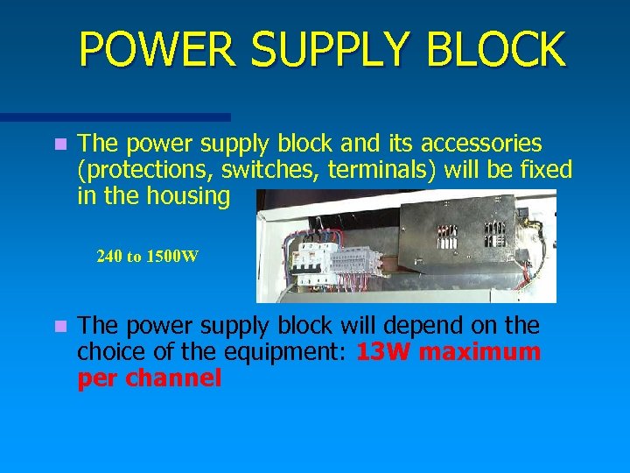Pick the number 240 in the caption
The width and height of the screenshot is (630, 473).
[x=109, y=257]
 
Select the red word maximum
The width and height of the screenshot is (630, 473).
[x=486, y=352]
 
